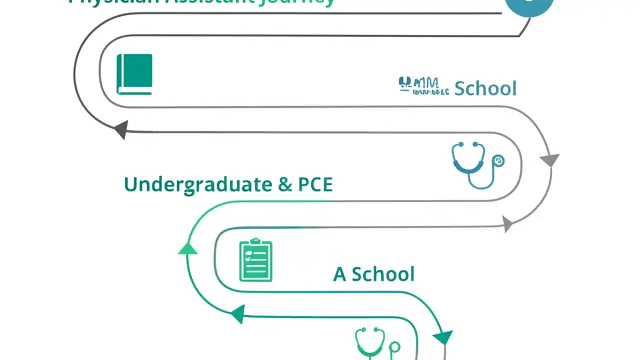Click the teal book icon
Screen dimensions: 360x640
134,74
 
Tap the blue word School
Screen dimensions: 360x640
485,88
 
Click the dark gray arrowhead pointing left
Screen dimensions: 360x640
121,129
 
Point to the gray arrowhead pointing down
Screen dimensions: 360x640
549,160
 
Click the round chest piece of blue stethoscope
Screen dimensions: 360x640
498,161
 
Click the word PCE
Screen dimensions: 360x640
315,184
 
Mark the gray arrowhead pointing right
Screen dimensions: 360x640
507,224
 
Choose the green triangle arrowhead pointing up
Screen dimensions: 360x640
187,248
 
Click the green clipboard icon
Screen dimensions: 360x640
255,260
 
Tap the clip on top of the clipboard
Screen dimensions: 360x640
255,241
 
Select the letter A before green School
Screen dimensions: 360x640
339,274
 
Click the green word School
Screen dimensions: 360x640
383,274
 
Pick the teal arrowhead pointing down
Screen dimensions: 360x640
443,337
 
